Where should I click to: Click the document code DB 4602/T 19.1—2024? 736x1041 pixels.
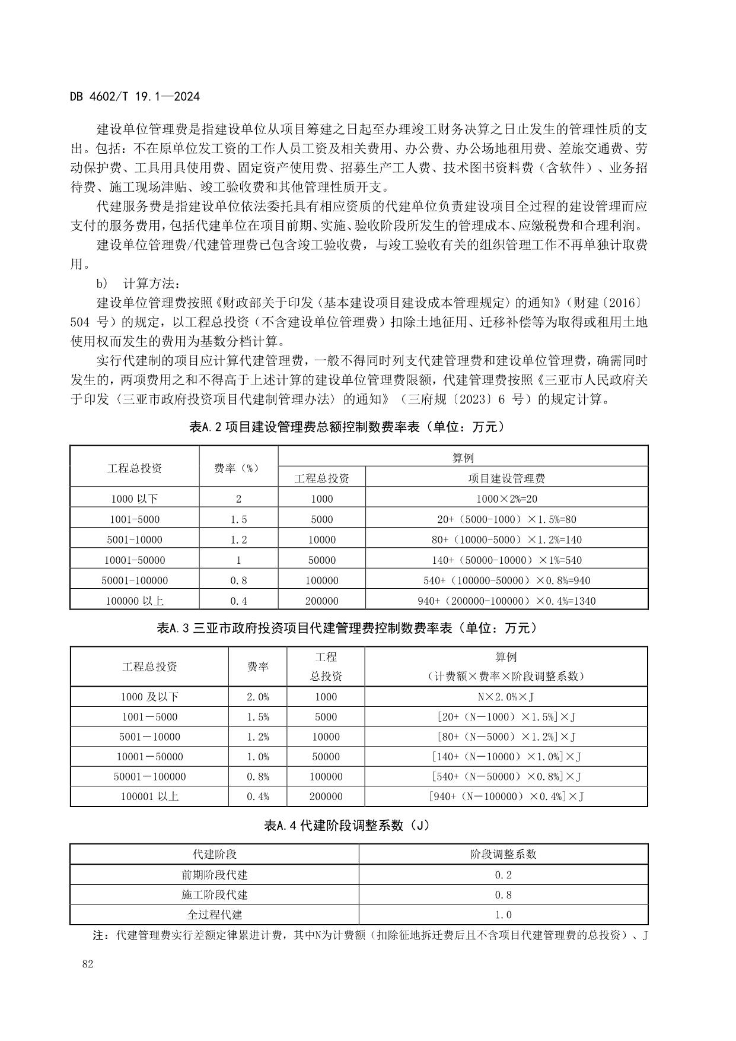click(x=135, y=97)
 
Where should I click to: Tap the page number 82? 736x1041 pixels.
click(x=88, y=964)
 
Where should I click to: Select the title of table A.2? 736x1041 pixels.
click(x=346, y=427)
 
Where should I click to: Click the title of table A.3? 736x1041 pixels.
click(x=346, y=628)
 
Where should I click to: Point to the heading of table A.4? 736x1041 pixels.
click(x=346, y=826)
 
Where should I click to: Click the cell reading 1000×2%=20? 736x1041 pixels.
click(x=506, y=499)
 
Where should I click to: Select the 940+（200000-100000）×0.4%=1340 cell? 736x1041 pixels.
click(x=506, y=601)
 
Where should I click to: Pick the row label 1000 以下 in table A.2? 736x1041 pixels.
click(x=135, y=499)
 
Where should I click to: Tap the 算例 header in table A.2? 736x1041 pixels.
click(x=463, y=457)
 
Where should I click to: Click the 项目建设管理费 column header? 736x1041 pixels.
click(x=506, y=478)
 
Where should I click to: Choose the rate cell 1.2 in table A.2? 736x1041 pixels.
click(x=238, y=539)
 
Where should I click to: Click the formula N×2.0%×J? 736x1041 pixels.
click(x=506, y=697)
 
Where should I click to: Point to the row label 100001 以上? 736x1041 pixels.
click(x=149, y=796)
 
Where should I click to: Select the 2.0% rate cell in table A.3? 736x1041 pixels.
click(x=257, y=697)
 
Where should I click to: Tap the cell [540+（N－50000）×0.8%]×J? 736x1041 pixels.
click(x=506, y=776)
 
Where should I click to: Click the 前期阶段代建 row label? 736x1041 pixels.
click(x=214, y=875)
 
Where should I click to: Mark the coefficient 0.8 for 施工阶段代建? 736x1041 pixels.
click(x=503, y=894)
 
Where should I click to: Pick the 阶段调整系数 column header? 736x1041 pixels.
click(x=503, y=854)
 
